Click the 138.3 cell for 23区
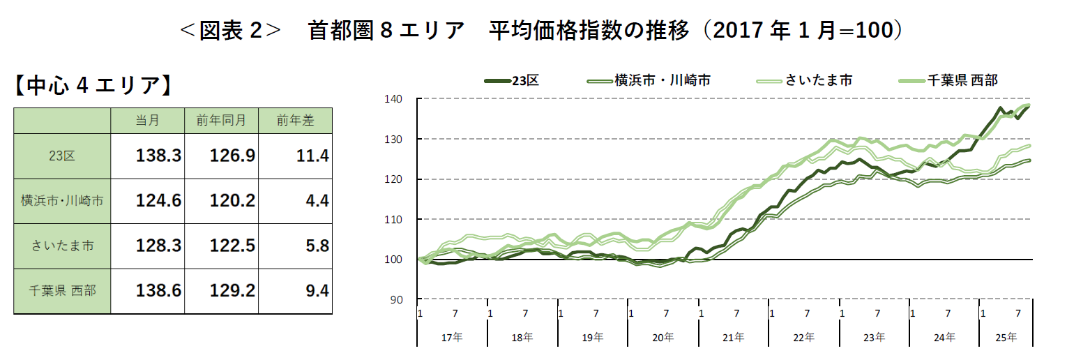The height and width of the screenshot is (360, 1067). [x=158, y=156]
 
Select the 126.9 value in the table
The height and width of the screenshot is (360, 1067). [x=232, y=156]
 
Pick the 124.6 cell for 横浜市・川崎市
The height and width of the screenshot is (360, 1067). [x=158, y=201]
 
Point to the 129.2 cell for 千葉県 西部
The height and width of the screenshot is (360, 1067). [x=232, y=290]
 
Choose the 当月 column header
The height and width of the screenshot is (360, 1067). [x=147, y=120]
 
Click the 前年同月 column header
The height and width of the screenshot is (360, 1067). [x=221, y=120]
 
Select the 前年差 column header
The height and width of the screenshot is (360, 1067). [x=295, y=120]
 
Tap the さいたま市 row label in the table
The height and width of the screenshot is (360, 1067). [x=62, y=246]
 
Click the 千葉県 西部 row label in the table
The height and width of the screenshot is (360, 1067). [x=62, y=290]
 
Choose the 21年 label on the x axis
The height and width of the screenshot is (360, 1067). [x=733, y=338]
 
